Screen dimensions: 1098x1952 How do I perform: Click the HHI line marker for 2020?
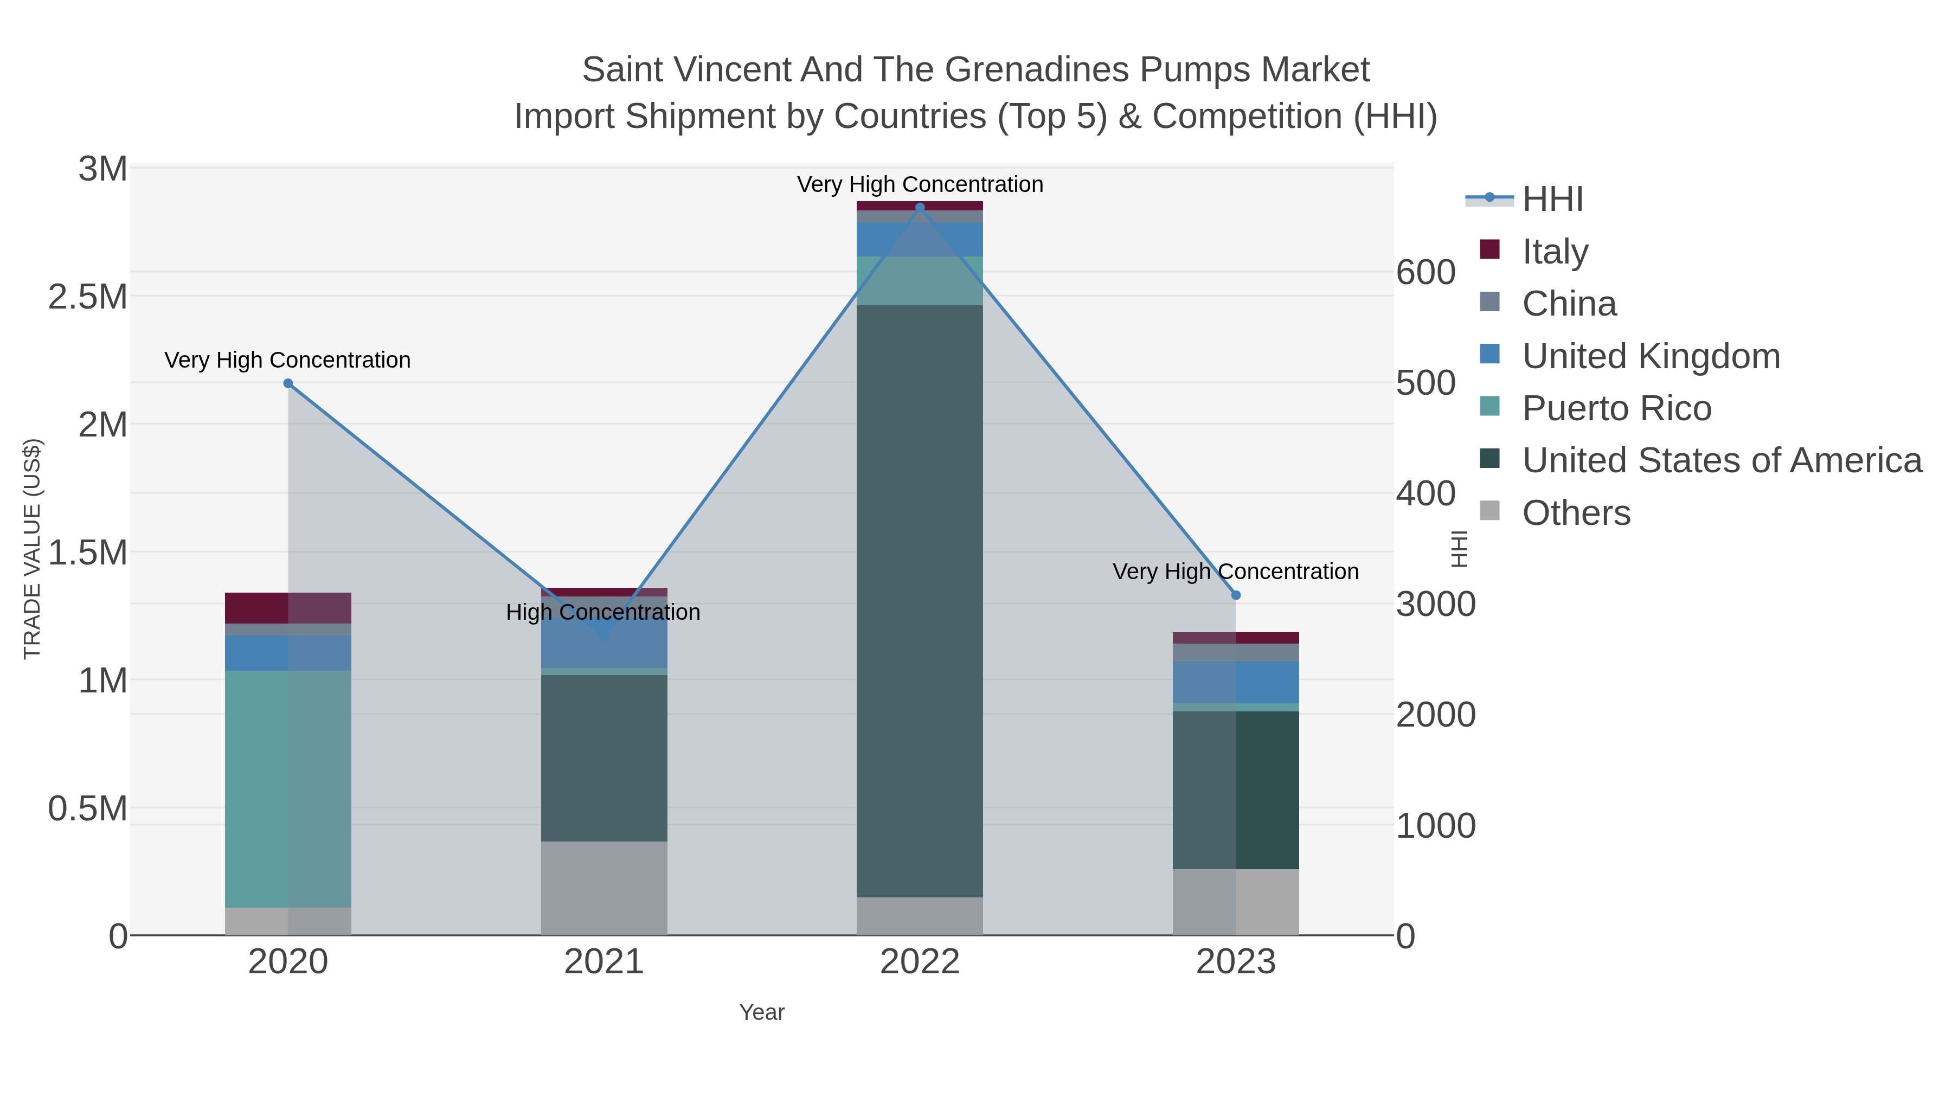coord(288,383)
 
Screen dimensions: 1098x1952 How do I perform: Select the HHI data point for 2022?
coord(920,208)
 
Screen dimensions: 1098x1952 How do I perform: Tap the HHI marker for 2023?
coord(1236,595)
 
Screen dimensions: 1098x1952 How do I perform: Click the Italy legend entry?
coord(1555,252)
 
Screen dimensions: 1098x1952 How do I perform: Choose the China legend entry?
coord(1569,304)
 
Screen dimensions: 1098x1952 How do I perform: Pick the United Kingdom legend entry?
coord(1651,356)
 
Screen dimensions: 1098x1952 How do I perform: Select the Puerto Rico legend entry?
coord(1616,408)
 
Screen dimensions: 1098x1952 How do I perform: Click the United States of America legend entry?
coord(1722,461)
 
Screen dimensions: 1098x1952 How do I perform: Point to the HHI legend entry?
coord(1552,200)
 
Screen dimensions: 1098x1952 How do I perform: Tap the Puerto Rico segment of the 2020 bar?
coord(288,788)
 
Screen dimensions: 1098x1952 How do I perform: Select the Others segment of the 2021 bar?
coord(604,888)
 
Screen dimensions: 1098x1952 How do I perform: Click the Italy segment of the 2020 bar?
coord(288,608)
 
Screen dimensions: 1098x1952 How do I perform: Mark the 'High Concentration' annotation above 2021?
coord(603,612)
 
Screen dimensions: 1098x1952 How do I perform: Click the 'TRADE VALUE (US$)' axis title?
coord(33,549)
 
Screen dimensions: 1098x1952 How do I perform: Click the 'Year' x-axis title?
coord(762,1012)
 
